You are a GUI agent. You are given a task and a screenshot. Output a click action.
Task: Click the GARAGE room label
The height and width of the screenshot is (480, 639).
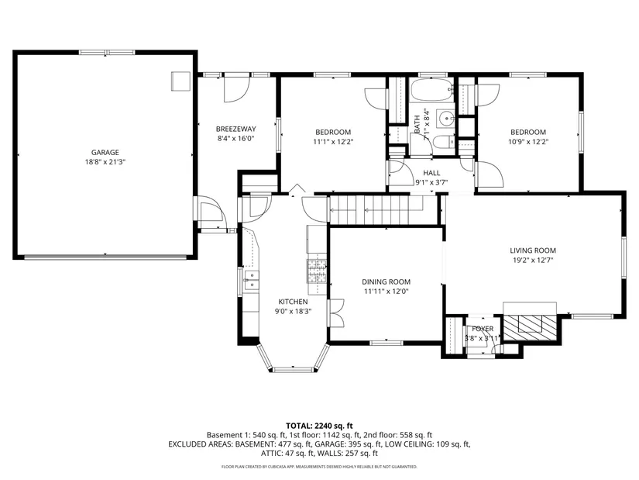105,152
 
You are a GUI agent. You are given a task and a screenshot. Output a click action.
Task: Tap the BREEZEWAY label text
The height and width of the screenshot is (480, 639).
236,129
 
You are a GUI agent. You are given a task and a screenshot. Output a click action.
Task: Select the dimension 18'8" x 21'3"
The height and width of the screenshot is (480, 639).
105,162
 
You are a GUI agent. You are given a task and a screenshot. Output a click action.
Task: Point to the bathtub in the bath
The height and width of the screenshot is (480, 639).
432,90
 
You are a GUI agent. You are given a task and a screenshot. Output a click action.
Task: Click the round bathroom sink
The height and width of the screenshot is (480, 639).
446,119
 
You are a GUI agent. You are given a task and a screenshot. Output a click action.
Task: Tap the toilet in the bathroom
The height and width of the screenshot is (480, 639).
443,143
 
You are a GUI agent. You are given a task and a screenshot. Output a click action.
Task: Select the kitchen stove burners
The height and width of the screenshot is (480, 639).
317,271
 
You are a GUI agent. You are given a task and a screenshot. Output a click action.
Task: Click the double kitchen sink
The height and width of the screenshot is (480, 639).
252,281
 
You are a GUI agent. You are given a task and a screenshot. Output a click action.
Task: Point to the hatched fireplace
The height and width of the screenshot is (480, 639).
530,327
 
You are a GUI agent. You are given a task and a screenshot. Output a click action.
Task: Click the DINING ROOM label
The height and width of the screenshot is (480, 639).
386,282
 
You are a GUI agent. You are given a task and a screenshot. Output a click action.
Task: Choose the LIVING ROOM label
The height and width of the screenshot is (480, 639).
533,250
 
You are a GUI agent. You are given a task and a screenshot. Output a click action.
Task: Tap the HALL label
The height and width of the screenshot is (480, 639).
431,173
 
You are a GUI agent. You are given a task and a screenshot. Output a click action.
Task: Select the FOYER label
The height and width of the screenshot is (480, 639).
483,329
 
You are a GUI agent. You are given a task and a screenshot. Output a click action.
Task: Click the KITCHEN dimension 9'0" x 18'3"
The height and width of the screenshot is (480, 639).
293,312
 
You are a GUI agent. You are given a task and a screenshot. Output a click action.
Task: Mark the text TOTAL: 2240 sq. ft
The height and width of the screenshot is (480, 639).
319,426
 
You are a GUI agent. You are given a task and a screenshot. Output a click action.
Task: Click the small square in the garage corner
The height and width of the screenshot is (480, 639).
180,81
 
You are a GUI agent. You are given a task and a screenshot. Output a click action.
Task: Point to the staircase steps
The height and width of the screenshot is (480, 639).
376,210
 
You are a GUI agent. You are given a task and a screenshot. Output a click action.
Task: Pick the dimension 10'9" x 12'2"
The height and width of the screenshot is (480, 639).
528,142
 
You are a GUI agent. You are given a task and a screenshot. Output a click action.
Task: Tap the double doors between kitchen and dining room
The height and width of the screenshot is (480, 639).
336,313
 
